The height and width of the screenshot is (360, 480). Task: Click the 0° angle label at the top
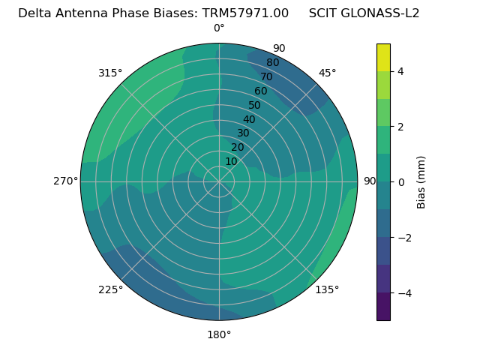click(219, 28)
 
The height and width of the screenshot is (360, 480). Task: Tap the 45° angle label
click(327, 73)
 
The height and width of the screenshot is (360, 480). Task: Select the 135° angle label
click(327, 289)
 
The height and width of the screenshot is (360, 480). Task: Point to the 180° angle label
click(219, 334)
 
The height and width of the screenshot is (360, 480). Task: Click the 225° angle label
click(110, 290)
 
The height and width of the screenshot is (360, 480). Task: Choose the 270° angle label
click(65, 181)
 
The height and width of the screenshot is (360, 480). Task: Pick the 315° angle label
click(110, 73)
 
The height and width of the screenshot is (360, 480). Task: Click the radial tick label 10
click(231, 161)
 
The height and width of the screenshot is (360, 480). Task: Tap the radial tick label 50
click(255, 106)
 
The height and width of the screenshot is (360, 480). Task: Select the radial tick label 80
click(272, 63)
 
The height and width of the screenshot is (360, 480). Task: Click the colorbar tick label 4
click(401, 71)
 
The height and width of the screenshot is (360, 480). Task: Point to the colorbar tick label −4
click(403, 293)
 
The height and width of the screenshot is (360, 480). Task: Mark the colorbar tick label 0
click(401, 182)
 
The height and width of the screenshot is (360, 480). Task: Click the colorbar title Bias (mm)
click(421, 181)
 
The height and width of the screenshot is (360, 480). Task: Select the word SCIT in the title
click(323, 13)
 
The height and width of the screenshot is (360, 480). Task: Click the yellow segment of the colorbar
click(383, 57)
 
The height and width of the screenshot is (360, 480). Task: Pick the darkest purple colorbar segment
click(383, 307)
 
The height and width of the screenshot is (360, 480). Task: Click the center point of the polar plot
click(219, 181)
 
